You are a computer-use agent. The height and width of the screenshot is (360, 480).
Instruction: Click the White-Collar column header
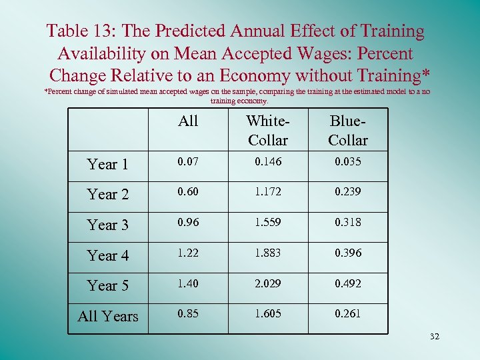pos(267,130)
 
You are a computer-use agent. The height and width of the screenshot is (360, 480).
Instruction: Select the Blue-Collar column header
pos(347,130)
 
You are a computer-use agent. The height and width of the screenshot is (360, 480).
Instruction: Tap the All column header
pos(188,121)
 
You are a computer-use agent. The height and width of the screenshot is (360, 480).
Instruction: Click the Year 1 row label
pos(107,164)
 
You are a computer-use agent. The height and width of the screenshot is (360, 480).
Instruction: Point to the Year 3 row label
pos(107,225)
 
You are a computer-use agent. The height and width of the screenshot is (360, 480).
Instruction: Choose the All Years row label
pos(107,315)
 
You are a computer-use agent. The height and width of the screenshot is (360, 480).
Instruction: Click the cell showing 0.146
pos(267,161)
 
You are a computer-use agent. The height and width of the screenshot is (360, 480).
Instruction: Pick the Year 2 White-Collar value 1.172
pos(267,192)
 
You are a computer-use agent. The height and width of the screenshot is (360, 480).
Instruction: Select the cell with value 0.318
pos(347,222)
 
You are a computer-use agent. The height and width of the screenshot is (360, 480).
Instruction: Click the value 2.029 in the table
pos(267,283)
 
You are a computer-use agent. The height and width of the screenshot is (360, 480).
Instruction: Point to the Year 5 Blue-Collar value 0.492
pos(347,283)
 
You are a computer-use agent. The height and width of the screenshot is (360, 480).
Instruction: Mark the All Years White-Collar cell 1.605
pos(267,313)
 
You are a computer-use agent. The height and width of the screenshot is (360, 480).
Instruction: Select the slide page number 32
pos(435,337)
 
